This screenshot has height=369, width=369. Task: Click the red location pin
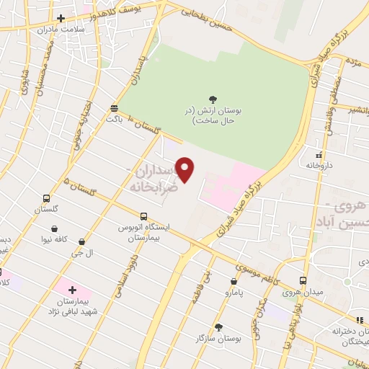186,169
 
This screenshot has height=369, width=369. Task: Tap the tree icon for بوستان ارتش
213,99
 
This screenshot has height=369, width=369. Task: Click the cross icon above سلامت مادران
61,18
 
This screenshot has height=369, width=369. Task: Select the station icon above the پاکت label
114,108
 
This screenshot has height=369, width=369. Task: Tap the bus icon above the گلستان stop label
47,198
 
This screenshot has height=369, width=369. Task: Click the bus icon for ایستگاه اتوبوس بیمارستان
143,216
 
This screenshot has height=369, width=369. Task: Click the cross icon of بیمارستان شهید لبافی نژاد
71,290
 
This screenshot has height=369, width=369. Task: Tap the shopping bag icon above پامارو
234,282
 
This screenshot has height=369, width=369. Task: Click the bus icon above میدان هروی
301,280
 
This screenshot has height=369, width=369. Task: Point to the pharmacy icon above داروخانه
318,154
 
